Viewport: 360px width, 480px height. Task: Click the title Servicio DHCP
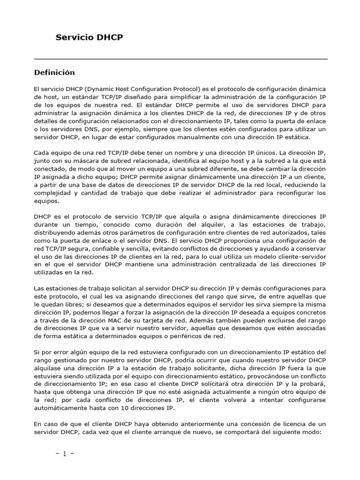[x=90, y=37]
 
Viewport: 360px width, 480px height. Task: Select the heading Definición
[x=54, y=73]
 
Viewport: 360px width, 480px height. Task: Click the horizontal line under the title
[x=180, y=60]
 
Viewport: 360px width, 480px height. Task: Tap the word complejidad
[x=54, y=193]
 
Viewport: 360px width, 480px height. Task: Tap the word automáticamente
[x=61, y=408]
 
